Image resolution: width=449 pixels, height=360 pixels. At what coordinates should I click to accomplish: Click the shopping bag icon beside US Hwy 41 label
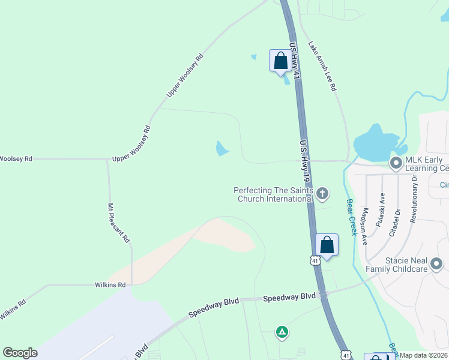coord(280,61)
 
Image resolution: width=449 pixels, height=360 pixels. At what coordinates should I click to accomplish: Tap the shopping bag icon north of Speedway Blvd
coord(327,245)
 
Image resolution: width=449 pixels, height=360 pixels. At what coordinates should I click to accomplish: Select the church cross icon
coord(322,193)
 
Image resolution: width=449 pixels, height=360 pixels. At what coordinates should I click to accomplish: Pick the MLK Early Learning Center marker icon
coord(396,163)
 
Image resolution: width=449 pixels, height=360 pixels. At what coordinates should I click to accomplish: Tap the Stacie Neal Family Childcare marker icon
coord(436,264)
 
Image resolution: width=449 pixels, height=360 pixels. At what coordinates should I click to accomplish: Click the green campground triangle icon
coord(282,331)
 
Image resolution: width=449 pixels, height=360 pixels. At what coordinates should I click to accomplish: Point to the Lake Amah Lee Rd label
coord(322,66)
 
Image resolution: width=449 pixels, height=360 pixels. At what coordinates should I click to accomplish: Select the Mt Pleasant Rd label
coord(119,223)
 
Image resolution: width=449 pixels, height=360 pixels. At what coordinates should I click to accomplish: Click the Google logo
coord(20,353)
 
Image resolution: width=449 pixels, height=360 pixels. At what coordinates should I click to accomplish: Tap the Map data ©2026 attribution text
coord(424,355)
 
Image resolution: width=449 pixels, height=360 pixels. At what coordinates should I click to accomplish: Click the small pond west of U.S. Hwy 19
coord(222,148)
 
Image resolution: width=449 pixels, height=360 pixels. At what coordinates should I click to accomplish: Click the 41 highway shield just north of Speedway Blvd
coord(315,260)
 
